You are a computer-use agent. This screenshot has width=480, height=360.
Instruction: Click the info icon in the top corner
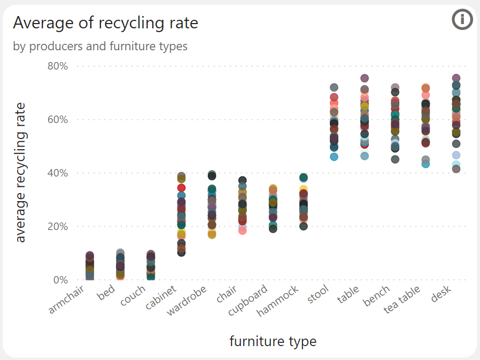462,20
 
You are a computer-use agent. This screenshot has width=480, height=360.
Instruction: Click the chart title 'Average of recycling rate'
105,23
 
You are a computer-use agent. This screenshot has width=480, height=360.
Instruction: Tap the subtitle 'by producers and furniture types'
100,47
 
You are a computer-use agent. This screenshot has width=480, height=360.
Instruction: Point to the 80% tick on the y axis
57,66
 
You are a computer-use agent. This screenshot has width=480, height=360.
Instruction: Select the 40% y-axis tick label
57,173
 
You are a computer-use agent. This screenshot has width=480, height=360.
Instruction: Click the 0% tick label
59,280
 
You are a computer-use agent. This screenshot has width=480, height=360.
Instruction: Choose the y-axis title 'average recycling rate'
20,173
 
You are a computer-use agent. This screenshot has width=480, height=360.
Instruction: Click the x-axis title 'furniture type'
273,341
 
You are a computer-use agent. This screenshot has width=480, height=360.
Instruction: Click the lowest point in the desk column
456,169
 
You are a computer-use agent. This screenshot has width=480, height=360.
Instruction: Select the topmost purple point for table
365,79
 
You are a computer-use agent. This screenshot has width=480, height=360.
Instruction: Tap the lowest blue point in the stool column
334,157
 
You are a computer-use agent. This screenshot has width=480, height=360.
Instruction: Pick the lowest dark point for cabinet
181,252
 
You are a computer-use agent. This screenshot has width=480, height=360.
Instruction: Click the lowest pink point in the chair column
242,231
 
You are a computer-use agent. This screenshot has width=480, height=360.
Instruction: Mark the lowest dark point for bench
395,159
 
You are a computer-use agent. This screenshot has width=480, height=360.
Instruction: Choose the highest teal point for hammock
304,178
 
